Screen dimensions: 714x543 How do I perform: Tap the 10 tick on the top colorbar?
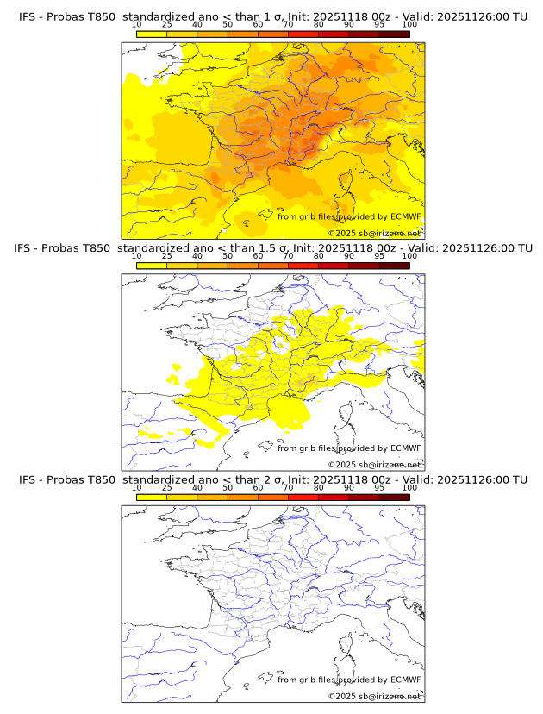pyautogui.click(x=136, y=25)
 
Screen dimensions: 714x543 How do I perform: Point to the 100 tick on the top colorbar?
pyautogui.click(x=409, y=25)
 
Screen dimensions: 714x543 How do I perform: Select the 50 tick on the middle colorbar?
pyautogui.click(x=228, y=256)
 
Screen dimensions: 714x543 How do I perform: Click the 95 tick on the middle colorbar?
pyautogui.click(x=379, y=256)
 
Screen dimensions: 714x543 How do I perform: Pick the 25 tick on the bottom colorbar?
pyautogui.click(x=166, y=488)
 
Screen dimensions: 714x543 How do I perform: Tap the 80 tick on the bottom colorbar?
pyautogui.click(x=319, y=488)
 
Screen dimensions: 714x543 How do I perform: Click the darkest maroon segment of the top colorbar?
pyautogui.click(x=394, y=34)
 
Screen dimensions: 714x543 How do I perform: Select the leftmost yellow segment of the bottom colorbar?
pyautogui.click(x=151, y=498)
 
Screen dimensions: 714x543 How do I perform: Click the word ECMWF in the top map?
pyautogui.click(x=406, y=216)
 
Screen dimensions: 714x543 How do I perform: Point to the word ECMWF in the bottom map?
pyautogui.click(x=406, y=680)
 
